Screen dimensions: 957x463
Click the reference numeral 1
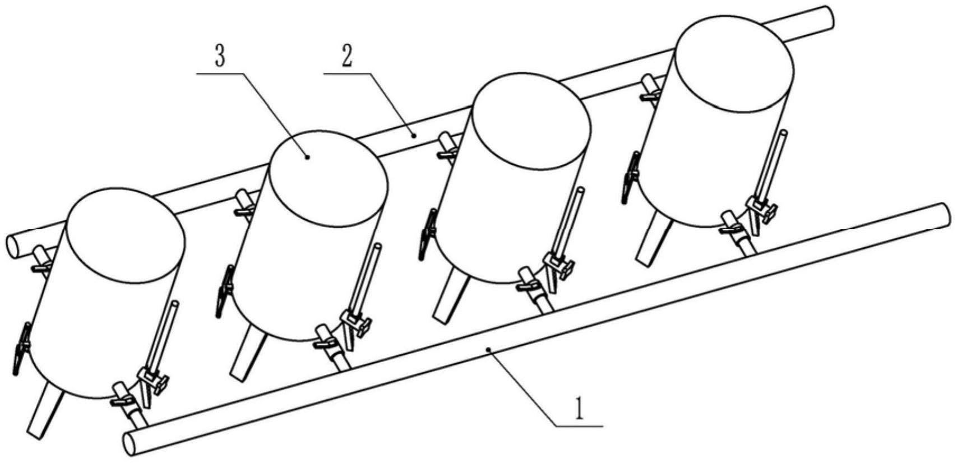pos(580,410)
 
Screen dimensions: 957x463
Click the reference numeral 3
pos(220,57)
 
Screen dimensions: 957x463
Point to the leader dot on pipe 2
pos(413,135)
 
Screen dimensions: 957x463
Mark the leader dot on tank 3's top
pos(308,158)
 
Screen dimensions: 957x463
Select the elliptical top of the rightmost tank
pos(734,61)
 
